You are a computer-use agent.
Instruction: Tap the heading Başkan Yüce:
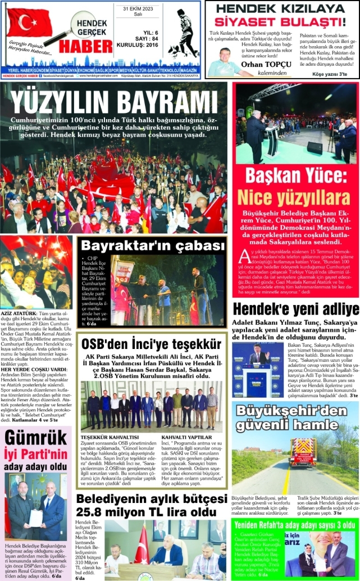[297, 175]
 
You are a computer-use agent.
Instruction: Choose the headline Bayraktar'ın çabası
[152, 246]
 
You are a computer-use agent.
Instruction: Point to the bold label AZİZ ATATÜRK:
[17, 312]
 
